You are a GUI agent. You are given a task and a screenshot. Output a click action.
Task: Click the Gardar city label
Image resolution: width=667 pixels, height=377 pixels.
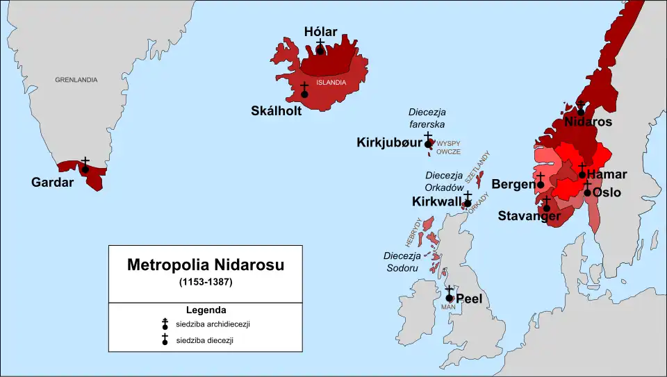coord(53,183)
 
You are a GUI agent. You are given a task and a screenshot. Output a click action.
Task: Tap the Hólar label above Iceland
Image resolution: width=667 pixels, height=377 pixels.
coord(321,31)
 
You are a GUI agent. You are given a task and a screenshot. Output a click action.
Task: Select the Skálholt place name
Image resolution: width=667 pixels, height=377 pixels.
coord(277,110)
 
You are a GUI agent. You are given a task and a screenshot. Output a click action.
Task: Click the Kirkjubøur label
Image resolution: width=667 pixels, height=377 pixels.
coord(389,142)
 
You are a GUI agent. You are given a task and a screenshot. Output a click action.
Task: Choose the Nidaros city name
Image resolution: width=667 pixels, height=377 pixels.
coord(588,122)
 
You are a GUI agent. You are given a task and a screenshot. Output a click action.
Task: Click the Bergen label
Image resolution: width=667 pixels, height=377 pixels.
coord(513,184)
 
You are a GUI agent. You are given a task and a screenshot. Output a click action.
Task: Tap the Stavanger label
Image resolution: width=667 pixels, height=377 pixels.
coord(529,216)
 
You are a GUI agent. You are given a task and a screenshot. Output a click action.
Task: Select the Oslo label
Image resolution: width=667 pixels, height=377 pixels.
coord(607,192)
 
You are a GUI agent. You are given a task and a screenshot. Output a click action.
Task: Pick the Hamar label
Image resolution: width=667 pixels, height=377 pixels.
coord(607,174)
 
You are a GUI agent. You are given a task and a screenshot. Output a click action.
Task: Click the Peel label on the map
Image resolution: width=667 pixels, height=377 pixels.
coord(469,299)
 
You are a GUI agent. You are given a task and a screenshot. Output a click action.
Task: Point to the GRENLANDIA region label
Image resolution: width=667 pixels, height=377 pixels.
coord(76,80)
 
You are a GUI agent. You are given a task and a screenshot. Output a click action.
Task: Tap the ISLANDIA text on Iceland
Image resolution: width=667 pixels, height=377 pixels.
coord(331,82)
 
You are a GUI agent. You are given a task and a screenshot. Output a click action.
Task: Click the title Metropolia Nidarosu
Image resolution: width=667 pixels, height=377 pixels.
coord(206,265)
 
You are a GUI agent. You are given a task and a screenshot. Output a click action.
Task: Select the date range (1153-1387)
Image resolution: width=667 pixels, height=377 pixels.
coord(206,283)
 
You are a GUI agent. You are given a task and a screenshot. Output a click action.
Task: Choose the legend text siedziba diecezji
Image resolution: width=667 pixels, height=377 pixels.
coord(199,340)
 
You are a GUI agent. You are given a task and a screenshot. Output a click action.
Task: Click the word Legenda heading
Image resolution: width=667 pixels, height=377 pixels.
coord(206,310)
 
